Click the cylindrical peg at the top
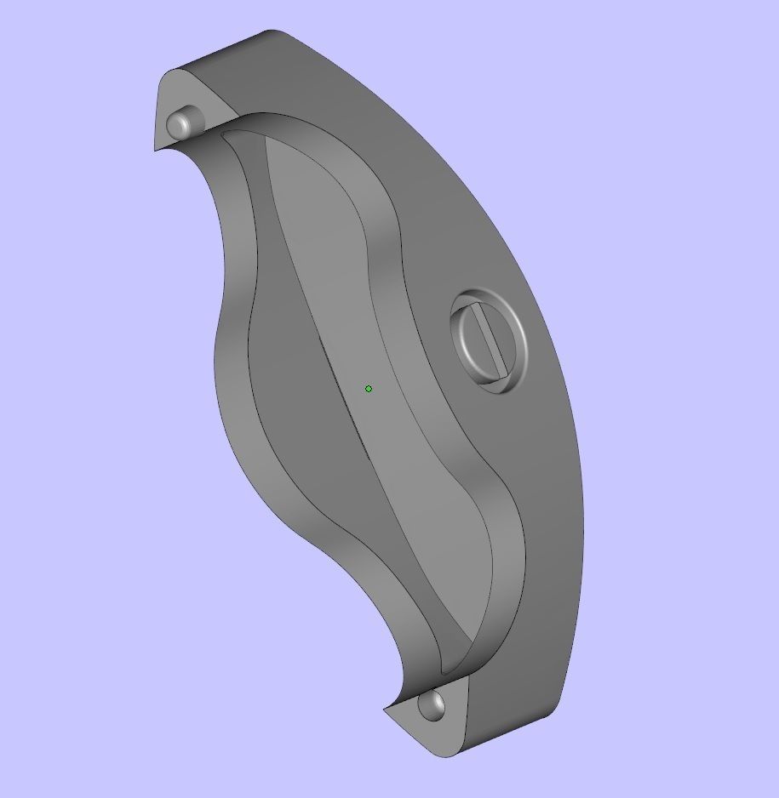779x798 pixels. pos(180,123)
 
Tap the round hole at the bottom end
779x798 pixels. pos(432,705)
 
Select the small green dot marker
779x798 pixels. pos(369,389)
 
